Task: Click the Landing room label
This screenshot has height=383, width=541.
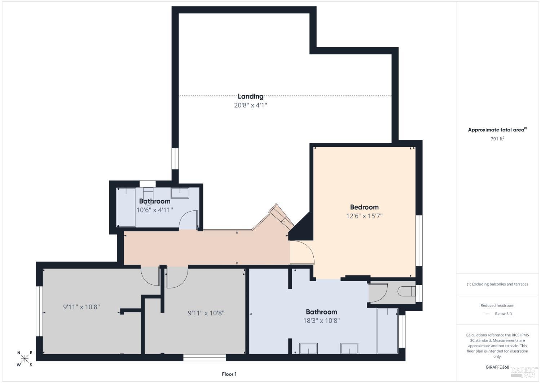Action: tap(250, 96)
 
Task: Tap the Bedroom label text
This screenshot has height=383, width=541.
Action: tap(364, 207)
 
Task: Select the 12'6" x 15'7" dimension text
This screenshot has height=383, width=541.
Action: tap(364, 216)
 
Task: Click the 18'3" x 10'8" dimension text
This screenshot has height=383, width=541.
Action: tap(321, 321)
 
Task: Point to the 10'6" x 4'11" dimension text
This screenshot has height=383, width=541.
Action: tap(155, 210)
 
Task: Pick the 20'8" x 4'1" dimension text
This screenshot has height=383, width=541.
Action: tap(250, 105)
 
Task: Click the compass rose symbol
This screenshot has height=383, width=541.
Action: tap(25, 358)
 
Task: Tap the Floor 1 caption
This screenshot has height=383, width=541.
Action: tap(229, 374)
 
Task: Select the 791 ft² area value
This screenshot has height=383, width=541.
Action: tap(497, 139)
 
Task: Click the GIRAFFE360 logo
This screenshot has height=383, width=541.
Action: tap(497, 367)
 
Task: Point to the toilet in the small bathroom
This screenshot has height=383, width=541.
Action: tap(148, 196)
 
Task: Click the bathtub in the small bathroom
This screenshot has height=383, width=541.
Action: tap(126, 208)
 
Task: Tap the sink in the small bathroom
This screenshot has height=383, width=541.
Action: tap(180, 193)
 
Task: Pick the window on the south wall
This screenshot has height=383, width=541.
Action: tap(204, 357)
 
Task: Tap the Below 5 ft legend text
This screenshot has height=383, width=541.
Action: tap(503, 314)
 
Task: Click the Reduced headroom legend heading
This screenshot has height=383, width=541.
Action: tap(497, 305)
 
